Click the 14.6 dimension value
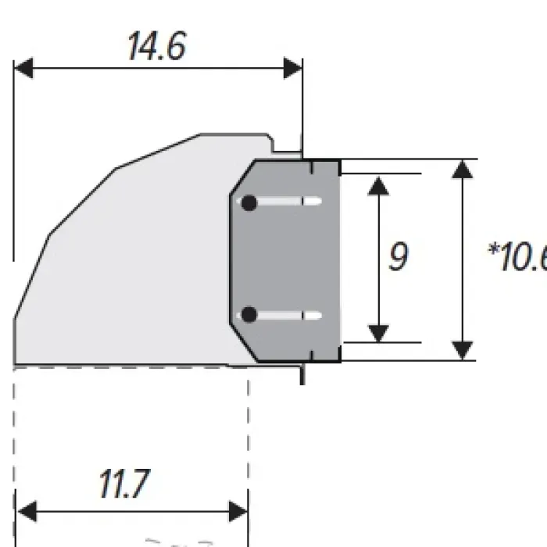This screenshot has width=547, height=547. (x=156, y=47)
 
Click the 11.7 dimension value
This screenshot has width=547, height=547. (x=123, y=485)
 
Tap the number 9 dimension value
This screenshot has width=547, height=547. (x=399, y=257)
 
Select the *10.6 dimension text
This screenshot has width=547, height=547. (x=517, y=257)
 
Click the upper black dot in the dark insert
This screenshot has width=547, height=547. (x=249, y=203)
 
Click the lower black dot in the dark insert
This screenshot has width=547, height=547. (x=249, y=315)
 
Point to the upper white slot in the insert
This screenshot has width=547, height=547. (x=289, y=202)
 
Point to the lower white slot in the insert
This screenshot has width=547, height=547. (x=289, y=316)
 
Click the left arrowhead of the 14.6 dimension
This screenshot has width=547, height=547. (x=23, y=69)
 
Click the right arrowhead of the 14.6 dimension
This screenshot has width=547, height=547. (x=293, y=69)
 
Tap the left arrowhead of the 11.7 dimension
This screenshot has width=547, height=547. (x=27, y=513)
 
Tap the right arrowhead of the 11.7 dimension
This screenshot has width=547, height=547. (x=239, y=513)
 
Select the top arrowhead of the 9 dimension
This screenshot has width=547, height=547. (x=378, y=185)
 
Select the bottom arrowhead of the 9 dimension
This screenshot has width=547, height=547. (x=378, y=332)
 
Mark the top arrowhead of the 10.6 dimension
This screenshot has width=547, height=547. (x=463, y=169)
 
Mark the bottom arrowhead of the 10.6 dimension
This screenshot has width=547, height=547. (x=463, y=351)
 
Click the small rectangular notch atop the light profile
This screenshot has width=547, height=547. (x=286, y=145)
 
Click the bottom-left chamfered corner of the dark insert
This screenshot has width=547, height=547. (x=242, y=345)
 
